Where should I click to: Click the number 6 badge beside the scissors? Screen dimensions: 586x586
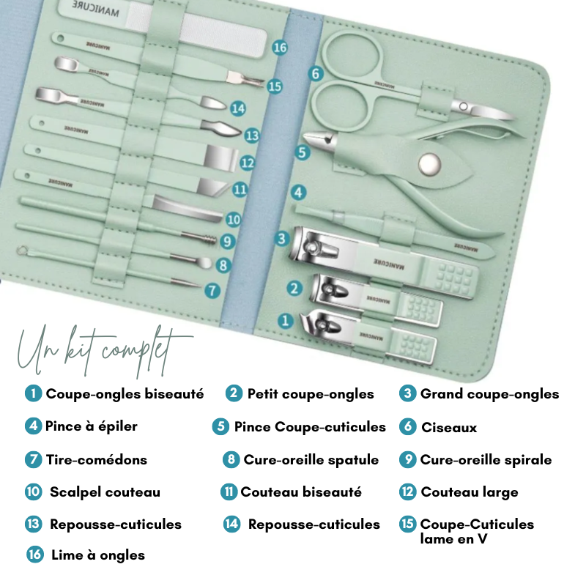click(316, 74)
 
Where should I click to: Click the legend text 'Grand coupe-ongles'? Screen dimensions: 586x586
click(489, 394)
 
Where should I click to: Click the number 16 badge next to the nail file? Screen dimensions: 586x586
click(280, 48)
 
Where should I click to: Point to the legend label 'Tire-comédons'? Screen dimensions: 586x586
click(97, 460)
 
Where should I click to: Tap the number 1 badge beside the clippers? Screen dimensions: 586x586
click(286, 320)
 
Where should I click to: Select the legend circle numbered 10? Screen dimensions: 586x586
click(33, 492)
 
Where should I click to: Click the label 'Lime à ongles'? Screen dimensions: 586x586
click(98, 555)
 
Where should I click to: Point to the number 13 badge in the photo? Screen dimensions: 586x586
click(252, 136)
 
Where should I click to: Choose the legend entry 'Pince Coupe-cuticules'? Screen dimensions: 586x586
click(310, 426)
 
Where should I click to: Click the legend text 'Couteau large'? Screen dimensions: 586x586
click(469, 492)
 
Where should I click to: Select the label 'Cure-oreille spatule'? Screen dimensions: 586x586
click(311, 460)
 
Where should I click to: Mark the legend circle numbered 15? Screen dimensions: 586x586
click(408, 524)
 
